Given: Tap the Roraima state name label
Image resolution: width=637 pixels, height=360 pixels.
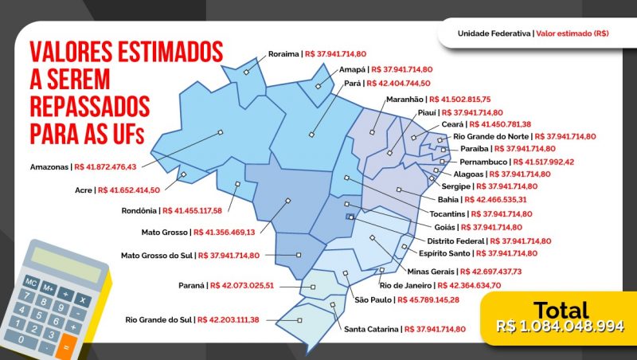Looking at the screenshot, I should (x=283, y=54).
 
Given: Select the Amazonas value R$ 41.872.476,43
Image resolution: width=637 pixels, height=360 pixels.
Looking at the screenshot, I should (x=105, y=167).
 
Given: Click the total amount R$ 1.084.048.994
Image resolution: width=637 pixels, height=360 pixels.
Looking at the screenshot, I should (x=560, y=326).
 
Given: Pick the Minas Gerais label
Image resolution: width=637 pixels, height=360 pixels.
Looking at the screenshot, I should (x=430, y=272).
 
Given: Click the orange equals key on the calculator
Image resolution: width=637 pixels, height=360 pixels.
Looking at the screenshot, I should (x=68, y=346).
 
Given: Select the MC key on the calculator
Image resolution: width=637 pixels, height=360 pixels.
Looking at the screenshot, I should (x=30, y=283).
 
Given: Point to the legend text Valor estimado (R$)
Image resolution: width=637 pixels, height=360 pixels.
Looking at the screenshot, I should (x=573, y=34).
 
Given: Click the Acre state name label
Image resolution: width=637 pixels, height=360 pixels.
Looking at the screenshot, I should (x=83, y=190).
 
